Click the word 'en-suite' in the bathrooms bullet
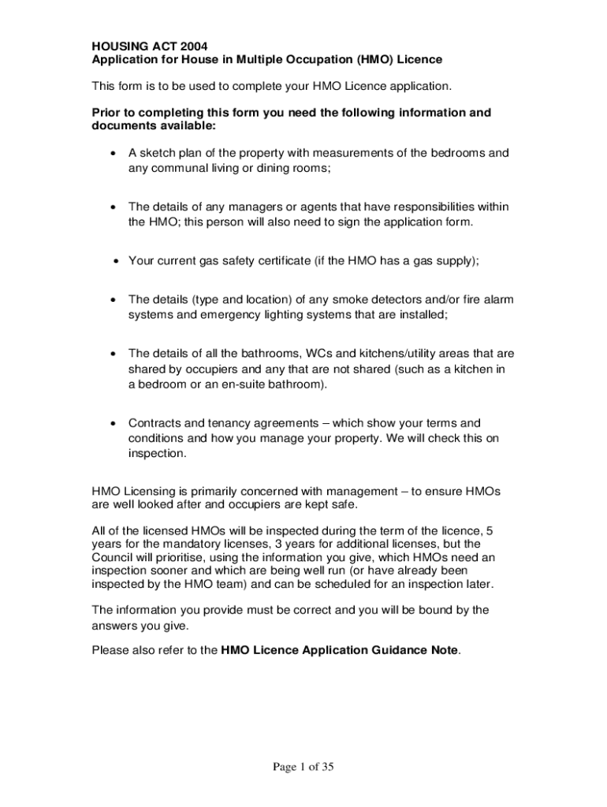(x=241, y=384)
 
